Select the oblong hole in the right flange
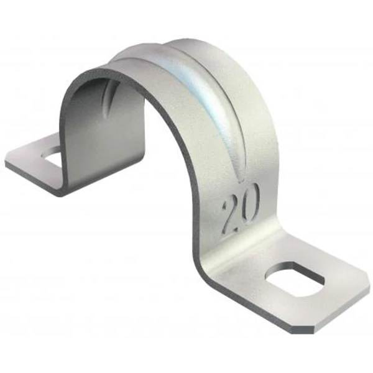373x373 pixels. (x=295, y=279)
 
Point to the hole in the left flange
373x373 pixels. (x=51, y=152)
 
